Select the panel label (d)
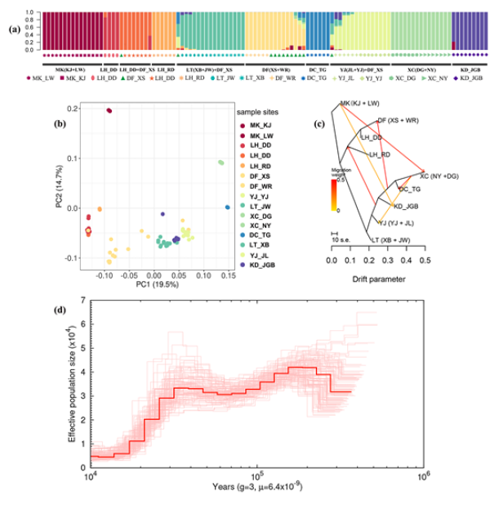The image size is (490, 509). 60,310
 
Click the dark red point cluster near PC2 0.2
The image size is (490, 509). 109,110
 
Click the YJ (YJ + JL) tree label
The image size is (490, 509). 402,221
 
